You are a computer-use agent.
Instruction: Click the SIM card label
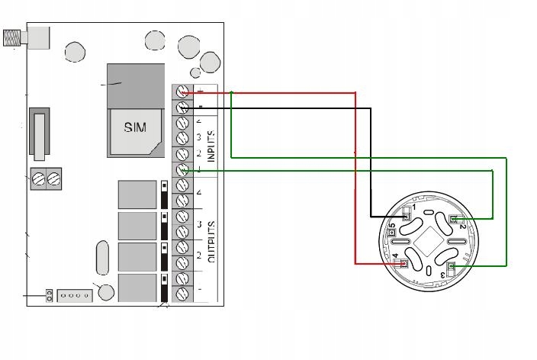pyautogui.click(x=134, y=127)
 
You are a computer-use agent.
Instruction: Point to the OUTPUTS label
pyautogui.click(x=211, y=242)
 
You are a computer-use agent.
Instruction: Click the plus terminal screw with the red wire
pyautogui.click(x=183, y=92)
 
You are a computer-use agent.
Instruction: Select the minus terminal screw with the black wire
pyautogui.click(x=183, y=108)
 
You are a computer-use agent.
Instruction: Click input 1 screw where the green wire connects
pyautogui.click(x=183, y=170)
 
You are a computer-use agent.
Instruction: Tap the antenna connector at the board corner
pyautogui.click(x=13, y=38)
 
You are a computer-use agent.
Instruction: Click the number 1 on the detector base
pyautogui.click(x=415, y=207)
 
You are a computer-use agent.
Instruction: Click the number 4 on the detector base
pyautogui.click(x=395, y=256)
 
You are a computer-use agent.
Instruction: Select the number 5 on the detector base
pyautogui.click(x=392, y=228)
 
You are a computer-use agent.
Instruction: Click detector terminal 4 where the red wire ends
pyautogui.click(x=404, y=263)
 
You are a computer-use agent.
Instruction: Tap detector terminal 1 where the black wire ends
pyautogui.click(x=407, y=216)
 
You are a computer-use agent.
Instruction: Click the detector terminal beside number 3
pyautogui.click(x=452, y=266)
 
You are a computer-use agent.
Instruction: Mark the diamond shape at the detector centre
pyautogui.click(x=429, y=242)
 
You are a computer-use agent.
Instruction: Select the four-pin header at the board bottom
pyautogui.click(x=76, y=295)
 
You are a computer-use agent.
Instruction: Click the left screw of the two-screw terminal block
pyautogui.click(x=39, y=180)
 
